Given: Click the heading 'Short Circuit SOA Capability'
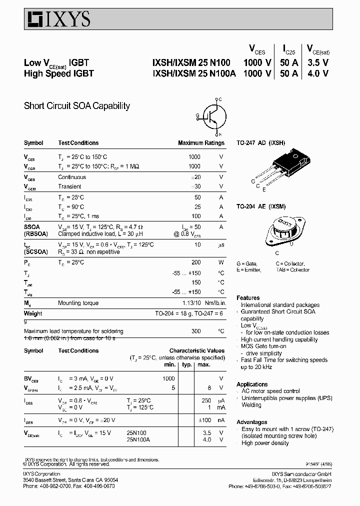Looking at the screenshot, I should pos(77,106).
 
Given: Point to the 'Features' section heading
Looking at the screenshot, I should pos(248,297).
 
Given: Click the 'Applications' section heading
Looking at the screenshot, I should pos(252,384).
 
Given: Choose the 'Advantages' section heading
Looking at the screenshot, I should pos(251,422).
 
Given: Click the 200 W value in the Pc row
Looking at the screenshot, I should pos(195,262).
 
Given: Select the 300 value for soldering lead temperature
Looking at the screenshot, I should pos(195,331).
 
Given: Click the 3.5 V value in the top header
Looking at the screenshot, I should pos(317,62).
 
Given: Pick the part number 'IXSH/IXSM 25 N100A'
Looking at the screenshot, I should pos(193,73).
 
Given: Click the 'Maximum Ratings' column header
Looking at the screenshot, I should pos(201,143).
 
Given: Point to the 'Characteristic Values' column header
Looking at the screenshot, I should pos(196,351).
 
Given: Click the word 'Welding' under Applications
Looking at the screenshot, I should pos(251,405).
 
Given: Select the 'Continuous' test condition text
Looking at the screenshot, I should pos(72,177).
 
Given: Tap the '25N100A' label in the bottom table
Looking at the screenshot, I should pos(138,439).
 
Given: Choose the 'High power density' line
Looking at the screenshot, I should pos(265,443).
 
